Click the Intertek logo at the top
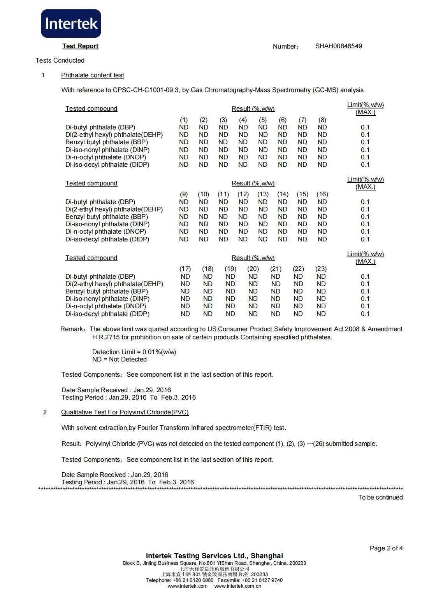coord(71,24)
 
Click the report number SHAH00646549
coord(338,46)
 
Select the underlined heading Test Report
coord(80,46)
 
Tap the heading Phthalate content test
coord(92,75)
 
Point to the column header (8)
coord(322,120)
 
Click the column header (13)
coord(263,194)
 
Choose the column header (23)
coord(321,269)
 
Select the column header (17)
coord(185,269)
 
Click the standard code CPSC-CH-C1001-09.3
coord(146,90)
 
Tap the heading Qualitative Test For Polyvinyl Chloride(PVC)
coord(125,412)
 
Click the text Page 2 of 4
coord(386,548)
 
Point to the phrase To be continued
coord(380,497)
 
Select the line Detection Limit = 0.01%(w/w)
coord(134,352)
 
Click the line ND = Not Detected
coord(119,359)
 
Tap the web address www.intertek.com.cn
coord(237,586)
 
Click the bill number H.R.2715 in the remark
coord(106,337)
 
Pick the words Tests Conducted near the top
coord(60,60)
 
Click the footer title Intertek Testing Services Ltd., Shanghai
coord(214,555)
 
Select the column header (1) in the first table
coord(183,120)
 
